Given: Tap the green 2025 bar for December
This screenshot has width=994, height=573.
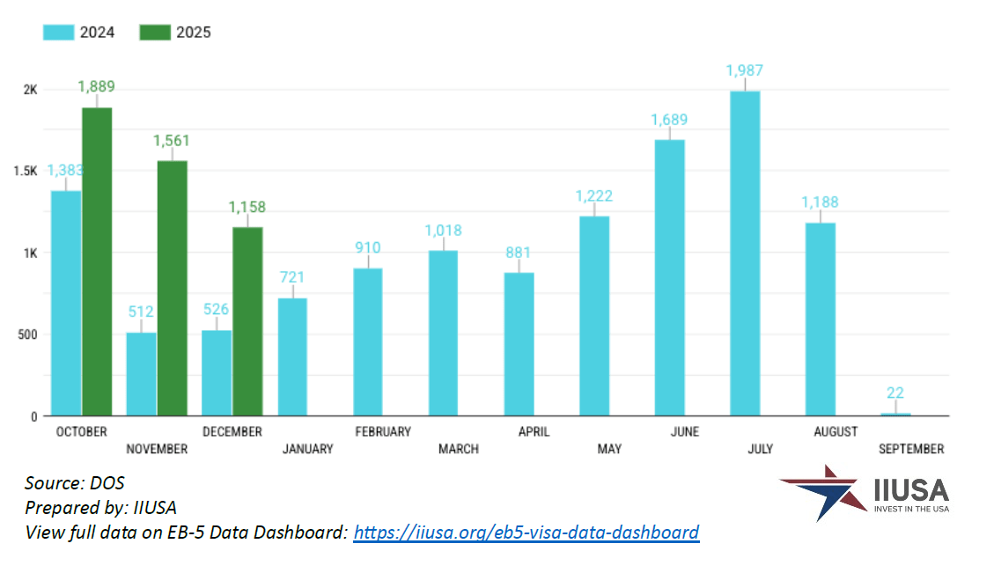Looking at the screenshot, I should click(x=247, y=321).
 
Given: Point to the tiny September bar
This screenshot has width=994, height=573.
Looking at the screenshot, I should click(x=896, y=414).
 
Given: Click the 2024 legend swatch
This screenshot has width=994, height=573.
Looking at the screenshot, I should click(x=58, y=33).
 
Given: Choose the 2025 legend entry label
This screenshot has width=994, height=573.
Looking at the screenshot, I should click(x=194, y=33).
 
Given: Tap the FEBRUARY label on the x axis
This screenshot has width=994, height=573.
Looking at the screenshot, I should click(x=383, y=432).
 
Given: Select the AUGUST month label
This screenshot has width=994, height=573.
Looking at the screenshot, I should click(x=836, y=432).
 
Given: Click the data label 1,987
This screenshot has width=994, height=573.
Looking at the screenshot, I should click(x=745, y=70).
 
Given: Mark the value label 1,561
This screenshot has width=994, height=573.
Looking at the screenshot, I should click(x=171, y=141).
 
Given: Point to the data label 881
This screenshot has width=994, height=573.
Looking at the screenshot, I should click(x=519, y=251).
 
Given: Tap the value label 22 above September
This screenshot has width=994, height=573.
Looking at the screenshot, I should click(x=896, y=393).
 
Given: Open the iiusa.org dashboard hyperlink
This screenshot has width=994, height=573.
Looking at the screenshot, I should click(x=526, y=533).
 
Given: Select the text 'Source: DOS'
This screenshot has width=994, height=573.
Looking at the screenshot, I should click(x=74, y=483).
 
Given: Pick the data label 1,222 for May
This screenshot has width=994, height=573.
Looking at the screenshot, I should click(x=594, y=196).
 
